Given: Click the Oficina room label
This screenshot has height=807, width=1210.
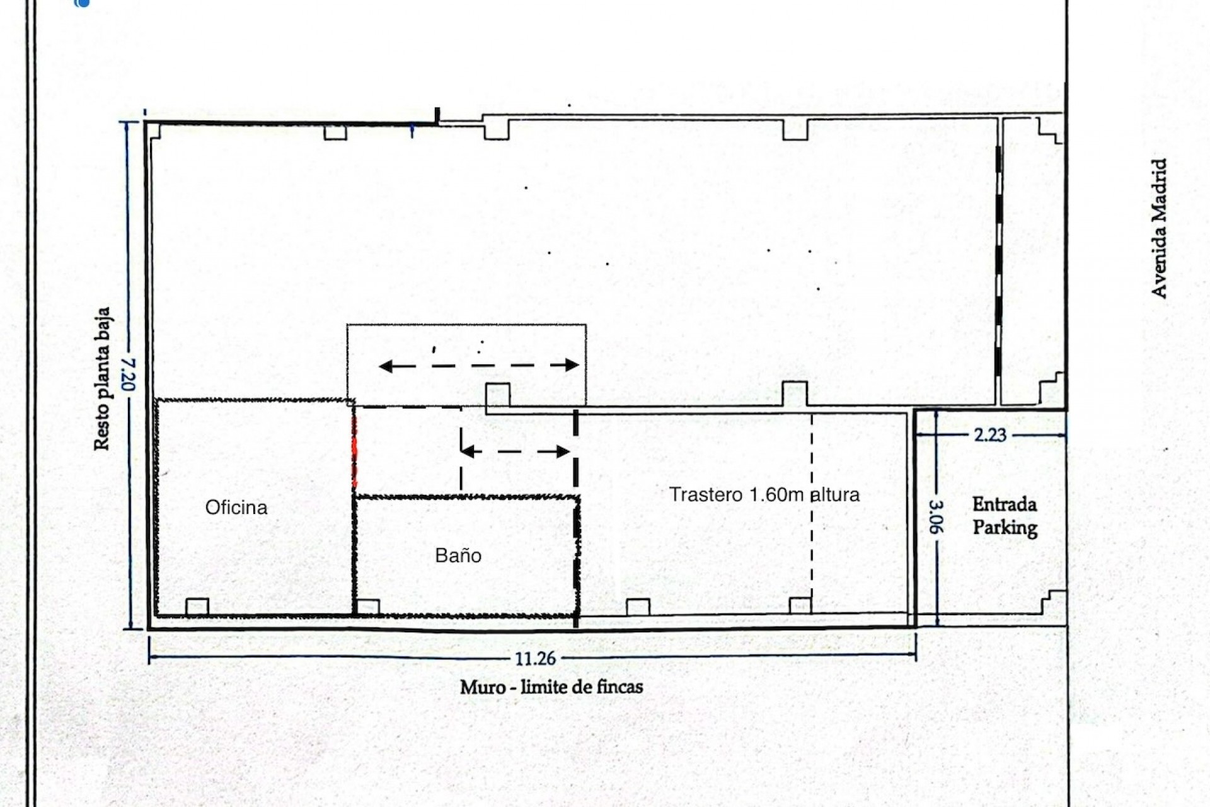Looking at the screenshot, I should tap(236, 508).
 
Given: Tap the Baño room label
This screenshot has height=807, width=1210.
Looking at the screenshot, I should tap(458, 555).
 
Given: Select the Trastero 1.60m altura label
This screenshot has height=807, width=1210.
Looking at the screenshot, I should tap(764, 494).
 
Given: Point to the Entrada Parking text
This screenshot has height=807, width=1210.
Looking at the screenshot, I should tap(1005, 516).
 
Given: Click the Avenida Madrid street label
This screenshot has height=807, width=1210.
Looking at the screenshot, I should tap(1159, 228).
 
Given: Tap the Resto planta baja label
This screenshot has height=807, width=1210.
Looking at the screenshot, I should tap(102, 379).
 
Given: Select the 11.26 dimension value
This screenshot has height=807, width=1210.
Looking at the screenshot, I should tap(535, 659).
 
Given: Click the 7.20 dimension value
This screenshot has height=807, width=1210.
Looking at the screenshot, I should tap(129, 374).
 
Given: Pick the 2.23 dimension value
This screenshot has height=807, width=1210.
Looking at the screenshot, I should tap(990, 435).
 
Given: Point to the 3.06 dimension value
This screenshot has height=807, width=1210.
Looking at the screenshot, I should tap(936, 516).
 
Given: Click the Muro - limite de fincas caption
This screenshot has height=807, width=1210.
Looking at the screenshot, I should tap(551, 687).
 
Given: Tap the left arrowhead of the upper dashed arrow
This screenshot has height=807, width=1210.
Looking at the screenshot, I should tap(384, 366).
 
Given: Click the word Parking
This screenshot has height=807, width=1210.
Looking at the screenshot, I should tap(1005, 528).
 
